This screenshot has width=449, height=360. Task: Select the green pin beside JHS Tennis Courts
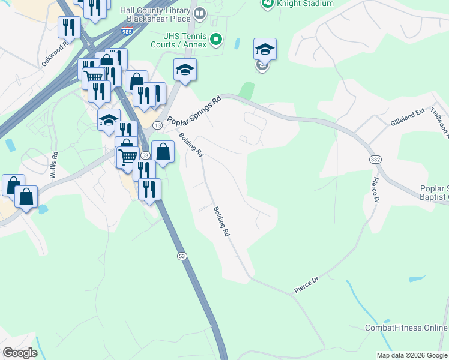(217, 41)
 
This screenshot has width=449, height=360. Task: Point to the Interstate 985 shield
(127, 30)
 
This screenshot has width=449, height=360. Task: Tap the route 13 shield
(157, 125)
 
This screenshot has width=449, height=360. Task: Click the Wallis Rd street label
(55, 162)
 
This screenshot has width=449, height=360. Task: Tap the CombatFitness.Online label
(406, 328)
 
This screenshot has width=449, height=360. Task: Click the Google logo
(20, 353)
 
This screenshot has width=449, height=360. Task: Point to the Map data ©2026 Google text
(412, 355)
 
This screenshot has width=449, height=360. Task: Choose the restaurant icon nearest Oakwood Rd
(69, 26)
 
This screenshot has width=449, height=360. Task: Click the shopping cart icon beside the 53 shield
(127, 157)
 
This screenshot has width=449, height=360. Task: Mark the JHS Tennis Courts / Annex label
(178, 41)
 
